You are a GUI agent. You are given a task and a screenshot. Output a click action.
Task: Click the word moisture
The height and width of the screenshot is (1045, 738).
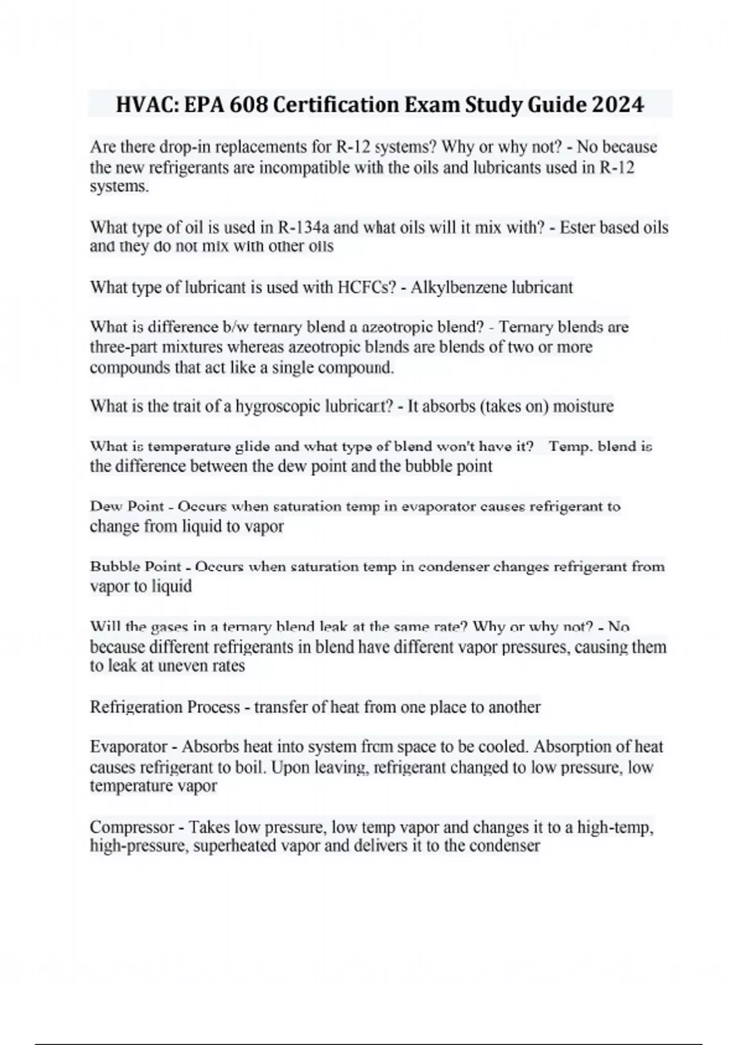coord(583,406)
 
